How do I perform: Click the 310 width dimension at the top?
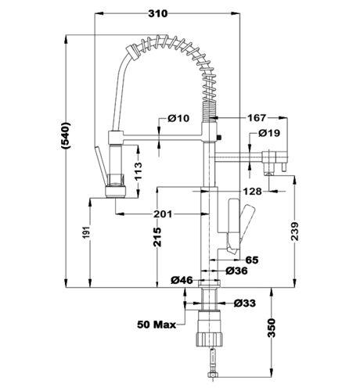point(158,13)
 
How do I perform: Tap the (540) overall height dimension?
point(65,135)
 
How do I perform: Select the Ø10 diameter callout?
point(178,118)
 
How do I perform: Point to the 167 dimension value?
point(257,118)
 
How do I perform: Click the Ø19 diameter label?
point(269,133)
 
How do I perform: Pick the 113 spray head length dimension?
point(138,171)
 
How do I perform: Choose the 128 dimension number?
point(252,192)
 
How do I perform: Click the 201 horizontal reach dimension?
point(163,214)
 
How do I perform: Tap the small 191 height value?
point(87,232)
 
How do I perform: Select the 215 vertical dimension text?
point(157,237)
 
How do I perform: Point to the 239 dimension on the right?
point(295,231)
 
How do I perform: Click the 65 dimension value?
point(252,260)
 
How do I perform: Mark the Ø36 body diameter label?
point(236,271)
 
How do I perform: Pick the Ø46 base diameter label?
point(182,280)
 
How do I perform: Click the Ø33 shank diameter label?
point(245,303)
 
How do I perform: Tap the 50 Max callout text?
point(157,325)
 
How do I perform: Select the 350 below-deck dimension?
point(272,328)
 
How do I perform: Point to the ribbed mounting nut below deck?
point(209,339)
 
